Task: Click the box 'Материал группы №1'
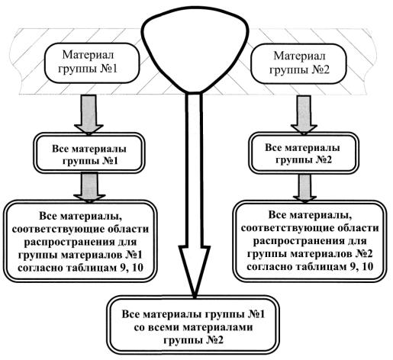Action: (92, 63)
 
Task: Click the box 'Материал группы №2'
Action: (298, 63)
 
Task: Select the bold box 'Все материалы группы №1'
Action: (89, 153)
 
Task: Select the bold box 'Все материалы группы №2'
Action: (304, 153)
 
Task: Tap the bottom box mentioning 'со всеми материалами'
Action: (193, 326)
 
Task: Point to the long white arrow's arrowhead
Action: (195, 271)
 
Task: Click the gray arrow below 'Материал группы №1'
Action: (89, 114)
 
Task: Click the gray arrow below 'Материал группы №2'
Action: (304, 115)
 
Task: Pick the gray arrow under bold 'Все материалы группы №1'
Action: (89, 188)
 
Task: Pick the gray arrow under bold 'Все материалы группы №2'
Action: (304, 188)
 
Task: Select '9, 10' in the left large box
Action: (131, 268)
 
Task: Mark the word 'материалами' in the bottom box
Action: (217, 327)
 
